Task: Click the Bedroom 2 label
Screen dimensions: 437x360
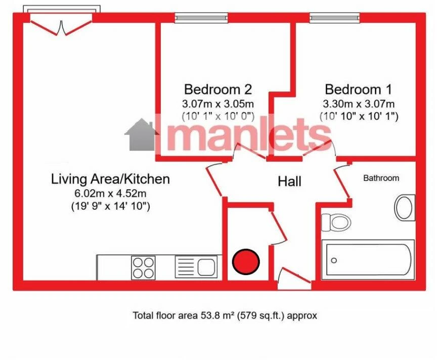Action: [x=218, y=89]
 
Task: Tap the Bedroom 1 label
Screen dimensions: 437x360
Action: [x=359, y=89]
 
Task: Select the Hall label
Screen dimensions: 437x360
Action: [x=290, y=182]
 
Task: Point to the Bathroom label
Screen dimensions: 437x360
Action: [x=381, y=178]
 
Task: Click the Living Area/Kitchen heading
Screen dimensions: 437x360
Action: [x=110, y=179]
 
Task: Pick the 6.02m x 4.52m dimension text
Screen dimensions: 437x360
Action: [x=110, y=193]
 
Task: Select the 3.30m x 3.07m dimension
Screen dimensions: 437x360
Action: [x=359, y=104]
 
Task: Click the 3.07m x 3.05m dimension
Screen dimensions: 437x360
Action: [x=218, y=104]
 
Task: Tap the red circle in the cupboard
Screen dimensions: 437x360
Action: [x=246, y=261]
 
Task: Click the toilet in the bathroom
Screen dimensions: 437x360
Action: [x=336, y=222]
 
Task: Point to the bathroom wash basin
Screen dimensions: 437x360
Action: [x=405, y=208]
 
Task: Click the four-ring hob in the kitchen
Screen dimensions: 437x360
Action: [x=143, y=267]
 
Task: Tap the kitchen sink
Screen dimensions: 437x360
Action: [x=196, y=267]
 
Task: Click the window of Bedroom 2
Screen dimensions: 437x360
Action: [x=201, y=18]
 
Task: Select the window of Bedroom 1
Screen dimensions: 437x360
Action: [x=334, y=18]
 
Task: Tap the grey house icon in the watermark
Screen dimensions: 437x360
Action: [x=140, y=135]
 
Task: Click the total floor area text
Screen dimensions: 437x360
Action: [x=225, y=316]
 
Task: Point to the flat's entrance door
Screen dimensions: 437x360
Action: [x=294, y=278]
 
